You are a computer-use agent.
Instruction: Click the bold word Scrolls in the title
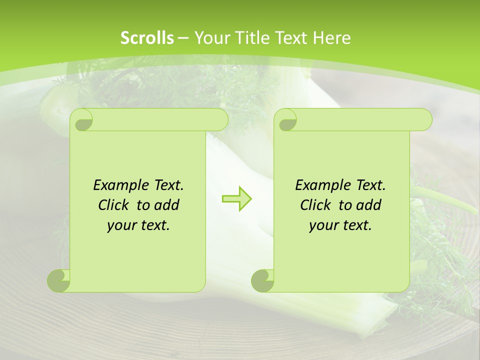tap(147, 38)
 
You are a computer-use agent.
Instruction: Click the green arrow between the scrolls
tap(237, 198)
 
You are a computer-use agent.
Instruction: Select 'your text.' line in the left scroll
tap(138, 225)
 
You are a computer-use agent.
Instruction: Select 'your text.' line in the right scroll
tap(340, 225)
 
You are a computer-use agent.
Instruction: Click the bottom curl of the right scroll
tap(262, 280)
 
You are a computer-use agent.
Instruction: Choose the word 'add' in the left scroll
tap(167, 205)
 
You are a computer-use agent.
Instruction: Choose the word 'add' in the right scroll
tap(369, 205)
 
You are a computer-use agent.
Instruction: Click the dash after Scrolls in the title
tap(183, 38)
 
